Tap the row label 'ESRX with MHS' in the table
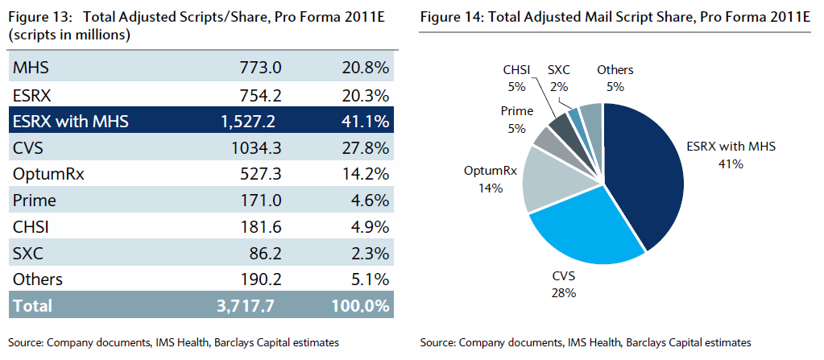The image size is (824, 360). [71, 122]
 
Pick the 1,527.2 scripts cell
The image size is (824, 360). [252, 122]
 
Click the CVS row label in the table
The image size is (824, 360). [29, 147]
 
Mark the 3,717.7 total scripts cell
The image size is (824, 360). [252, 306]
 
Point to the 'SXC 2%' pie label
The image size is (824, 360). [558, 77]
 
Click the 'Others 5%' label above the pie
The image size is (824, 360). [615, 77]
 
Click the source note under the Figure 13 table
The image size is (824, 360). [172, 342]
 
